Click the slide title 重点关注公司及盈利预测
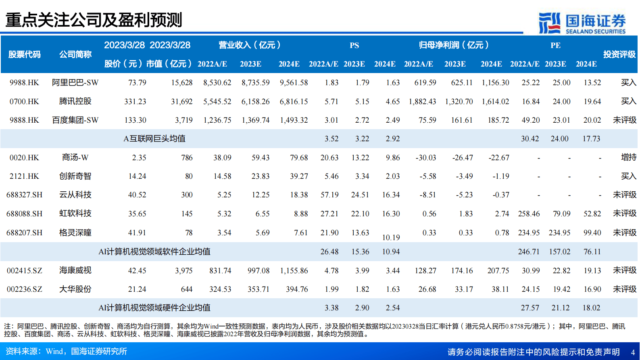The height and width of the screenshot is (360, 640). click(94, 20)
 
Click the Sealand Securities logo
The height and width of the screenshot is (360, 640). click(582, 23)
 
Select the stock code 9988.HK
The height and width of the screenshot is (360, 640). click(24, 83)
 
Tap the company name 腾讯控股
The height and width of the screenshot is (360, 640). click(75, 101)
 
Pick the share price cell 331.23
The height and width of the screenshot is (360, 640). click(135, 102)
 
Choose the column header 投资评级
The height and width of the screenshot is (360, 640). click(619, 54)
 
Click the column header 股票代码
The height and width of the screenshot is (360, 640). click(24, 54)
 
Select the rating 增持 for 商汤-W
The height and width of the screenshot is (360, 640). click(628, 157)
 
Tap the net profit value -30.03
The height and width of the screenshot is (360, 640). click(426, 158)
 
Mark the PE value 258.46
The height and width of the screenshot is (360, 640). click(529, 214)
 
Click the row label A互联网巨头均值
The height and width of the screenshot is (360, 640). click(154, 139)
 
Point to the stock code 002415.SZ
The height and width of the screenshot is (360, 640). click(24, 271)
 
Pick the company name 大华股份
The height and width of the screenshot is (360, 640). click(75, 289)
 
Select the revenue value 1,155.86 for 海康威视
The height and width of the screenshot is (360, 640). click(294, 271)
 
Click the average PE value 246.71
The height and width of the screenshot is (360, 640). click(529, 252)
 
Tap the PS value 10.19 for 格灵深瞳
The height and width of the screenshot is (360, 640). click(391, 238)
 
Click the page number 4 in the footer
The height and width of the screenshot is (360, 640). click(633, 352)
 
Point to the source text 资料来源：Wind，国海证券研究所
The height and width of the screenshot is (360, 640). click(67, 352)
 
